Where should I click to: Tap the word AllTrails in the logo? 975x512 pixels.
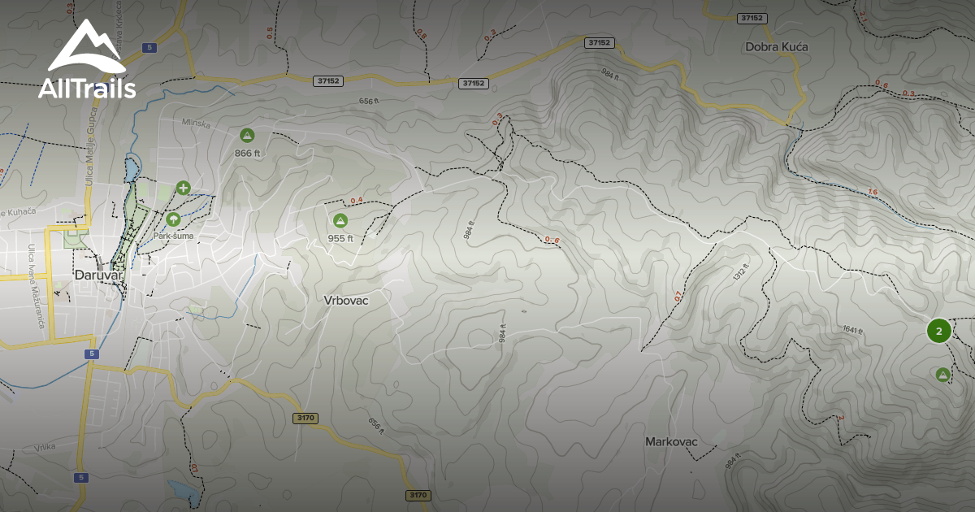coord(87,89)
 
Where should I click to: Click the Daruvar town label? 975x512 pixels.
coord(97,275)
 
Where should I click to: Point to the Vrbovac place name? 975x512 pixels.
coord(346,300)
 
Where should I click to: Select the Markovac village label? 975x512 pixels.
coord(671,442)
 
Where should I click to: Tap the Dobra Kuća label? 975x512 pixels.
coord(777,47)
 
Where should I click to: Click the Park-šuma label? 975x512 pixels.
coord(173,236)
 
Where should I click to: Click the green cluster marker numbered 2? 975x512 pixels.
coord(938,331)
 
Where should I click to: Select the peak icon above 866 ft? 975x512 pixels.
coord(247,135)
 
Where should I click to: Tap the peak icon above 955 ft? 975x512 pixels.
coord(340,220)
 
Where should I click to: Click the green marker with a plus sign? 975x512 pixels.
coord(184,189)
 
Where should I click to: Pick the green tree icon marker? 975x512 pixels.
coord(173,219)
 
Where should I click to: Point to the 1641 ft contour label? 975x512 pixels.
coord(851,329)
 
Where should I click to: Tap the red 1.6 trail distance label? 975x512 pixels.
coord(873,192)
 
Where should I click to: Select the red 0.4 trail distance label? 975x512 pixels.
coord(356,201)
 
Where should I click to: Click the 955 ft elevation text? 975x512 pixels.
coord(340,238)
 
